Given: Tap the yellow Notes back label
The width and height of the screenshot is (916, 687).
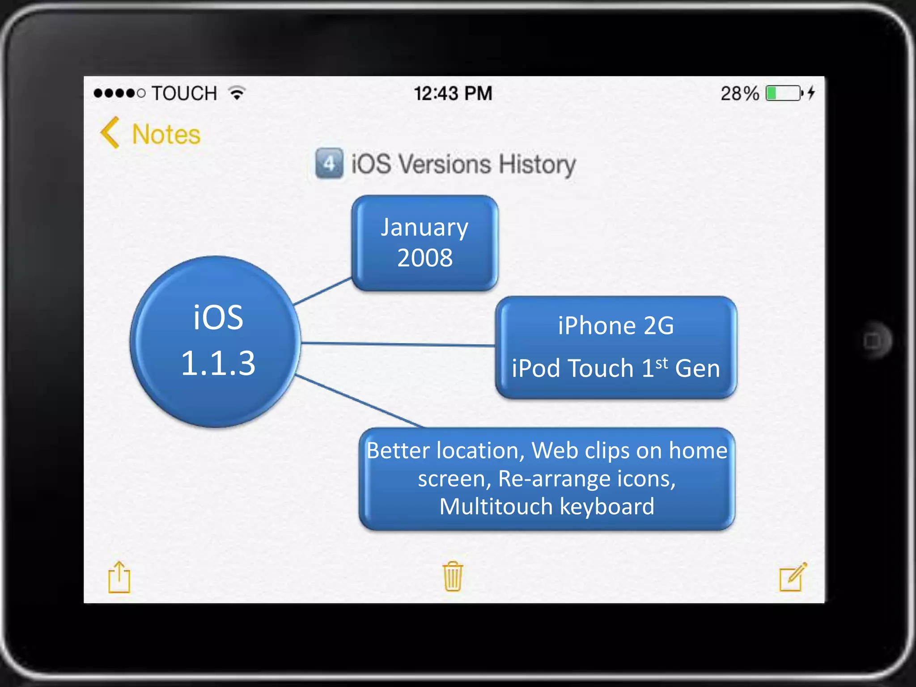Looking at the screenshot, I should click(166, 135).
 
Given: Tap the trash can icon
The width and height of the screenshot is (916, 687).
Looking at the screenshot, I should click(453, 577).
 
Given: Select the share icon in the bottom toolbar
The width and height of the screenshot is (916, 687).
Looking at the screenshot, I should click(119, 577).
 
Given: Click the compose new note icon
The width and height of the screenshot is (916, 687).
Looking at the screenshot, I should click(793, 577).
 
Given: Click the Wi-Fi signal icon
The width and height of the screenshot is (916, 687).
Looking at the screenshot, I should click(237, 93).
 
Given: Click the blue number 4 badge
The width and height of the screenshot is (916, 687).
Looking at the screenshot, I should click(329, 164).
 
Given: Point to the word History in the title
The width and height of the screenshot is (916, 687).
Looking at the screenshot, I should click(537, 165).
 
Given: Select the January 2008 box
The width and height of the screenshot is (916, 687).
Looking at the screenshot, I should click(424, 243).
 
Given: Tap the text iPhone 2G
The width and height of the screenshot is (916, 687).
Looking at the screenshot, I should click(615, 326).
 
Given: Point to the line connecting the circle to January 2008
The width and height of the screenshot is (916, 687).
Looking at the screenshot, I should click(322, 292).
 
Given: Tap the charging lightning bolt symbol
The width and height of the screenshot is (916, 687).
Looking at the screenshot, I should click(811, 93).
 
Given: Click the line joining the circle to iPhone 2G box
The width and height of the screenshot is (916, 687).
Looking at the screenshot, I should click(398, 344).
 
